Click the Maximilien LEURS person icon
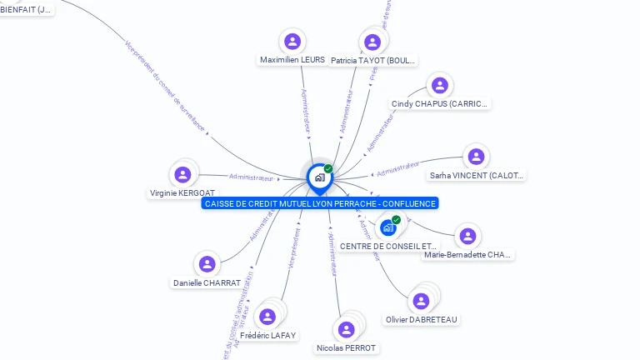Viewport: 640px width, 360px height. coord(292,42)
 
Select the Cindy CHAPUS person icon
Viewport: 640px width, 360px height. coord(440,85)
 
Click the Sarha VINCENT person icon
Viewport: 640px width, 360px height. coord(476,157)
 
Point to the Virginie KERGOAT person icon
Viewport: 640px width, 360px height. coord(182,174)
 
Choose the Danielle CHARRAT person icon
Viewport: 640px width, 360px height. coord(207,264)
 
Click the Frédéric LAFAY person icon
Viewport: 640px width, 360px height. coord(267,317)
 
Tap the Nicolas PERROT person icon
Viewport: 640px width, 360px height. coord(346,329)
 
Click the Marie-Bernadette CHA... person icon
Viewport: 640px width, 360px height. coord(467,236)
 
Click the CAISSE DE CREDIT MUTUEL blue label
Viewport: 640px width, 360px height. coord(319,203)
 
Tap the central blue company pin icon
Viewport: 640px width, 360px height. coord(318,177)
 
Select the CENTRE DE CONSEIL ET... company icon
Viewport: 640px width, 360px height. coord(388,227)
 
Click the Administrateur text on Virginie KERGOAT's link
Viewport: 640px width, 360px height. coord(251,177)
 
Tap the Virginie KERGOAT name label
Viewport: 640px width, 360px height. coord(182,193)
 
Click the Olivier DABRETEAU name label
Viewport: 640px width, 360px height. coord(422,320)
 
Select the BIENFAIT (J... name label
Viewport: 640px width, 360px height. coord(25,10)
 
